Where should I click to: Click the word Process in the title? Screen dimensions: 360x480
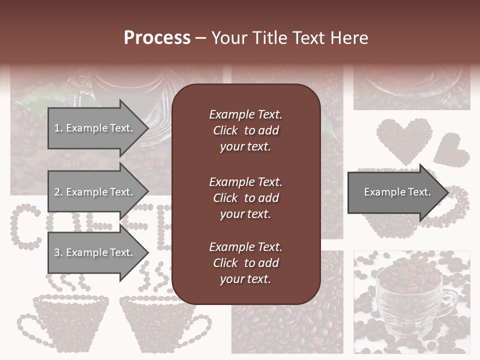pos(157,37)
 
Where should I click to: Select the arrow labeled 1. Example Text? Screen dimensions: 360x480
pos(95,128)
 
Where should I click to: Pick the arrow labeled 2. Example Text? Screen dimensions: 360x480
pos(95,192)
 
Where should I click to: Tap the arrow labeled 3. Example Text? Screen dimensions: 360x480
pos(95,252)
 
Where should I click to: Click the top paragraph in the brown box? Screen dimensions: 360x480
pos(245,130)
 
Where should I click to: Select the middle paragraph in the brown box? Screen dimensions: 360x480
pos(245,198)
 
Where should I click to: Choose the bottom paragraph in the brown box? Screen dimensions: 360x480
pos(245,263)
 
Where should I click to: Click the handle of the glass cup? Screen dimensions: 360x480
pos(450,300)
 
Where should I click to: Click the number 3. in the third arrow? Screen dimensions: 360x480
pos(58,252)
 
